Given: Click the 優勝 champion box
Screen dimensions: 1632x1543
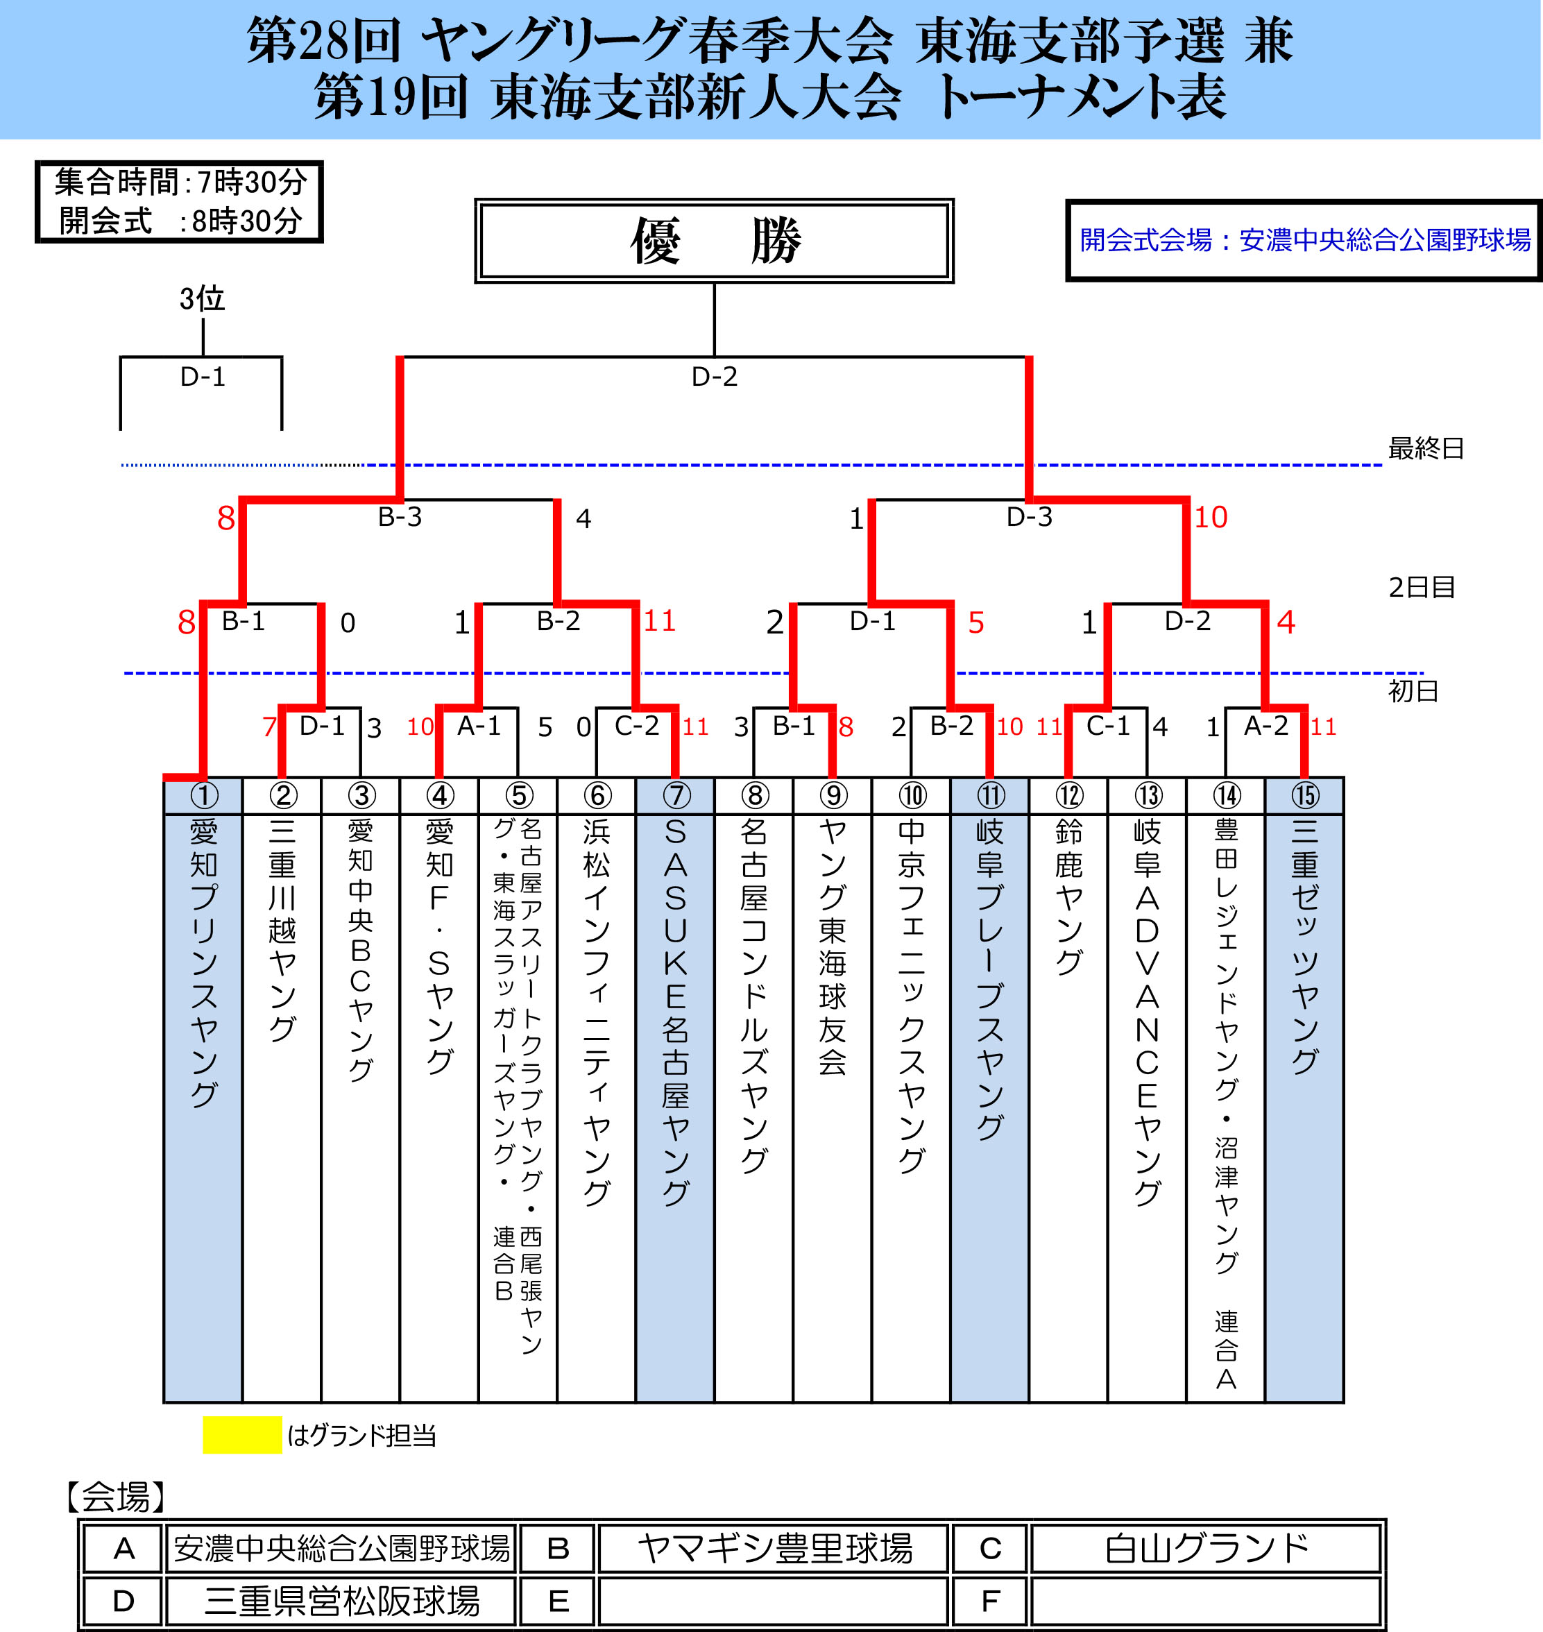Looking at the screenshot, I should [714, 240].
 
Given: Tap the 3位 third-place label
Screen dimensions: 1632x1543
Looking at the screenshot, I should [203, 298].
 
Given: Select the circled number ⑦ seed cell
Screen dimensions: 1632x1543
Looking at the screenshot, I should [676, 795].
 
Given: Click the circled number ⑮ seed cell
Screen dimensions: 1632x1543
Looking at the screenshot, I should [1304, 795].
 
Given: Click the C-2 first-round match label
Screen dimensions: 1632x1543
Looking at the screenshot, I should [637, 726].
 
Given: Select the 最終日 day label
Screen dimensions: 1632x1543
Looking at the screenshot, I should [1425, 448].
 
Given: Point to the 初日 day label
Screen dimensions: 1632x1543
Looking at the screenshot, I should [1413, 691].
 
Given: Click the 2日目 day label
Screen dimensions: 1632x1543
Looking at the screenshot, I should [1422, 587].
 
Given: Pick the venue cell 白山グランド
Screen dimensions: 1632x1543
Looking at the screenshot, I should [1206, 1548].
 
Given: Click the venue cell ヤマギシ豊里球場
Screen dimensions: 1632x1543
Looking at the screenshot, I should [774, 1548].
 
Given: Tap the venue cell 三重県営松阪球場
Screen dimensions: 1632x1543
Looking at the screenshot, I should [341, 1601].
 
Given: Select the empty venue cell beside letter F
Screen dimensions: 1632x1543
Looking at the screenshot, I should [1206, 1601].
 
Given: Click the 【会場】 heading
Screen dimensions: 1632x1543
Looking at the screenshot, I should [116, 1497].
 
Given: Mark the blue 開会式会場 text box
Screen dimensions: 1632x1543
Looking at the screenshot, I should [1304, 240].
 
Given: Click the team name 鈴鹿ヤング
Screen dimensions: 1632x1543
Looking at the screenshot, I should [1068, 896].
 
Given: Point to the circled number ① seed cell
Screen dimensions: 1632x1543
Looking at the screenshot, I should [204, 795].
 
